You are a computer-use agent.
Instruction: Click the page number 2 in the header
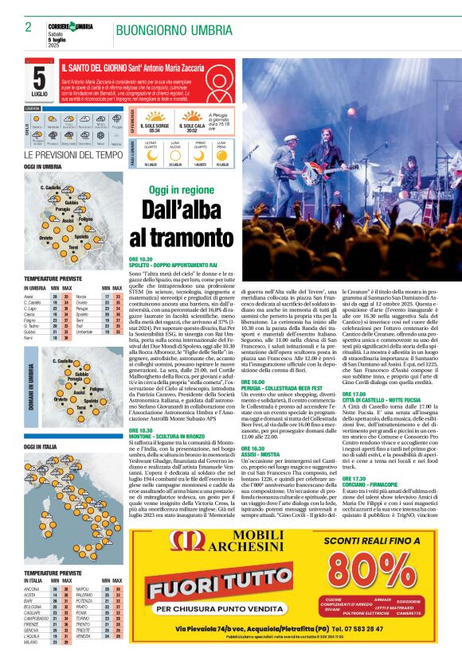28,27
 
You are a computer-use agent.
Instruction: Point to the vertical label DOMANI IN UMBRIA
29,379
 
